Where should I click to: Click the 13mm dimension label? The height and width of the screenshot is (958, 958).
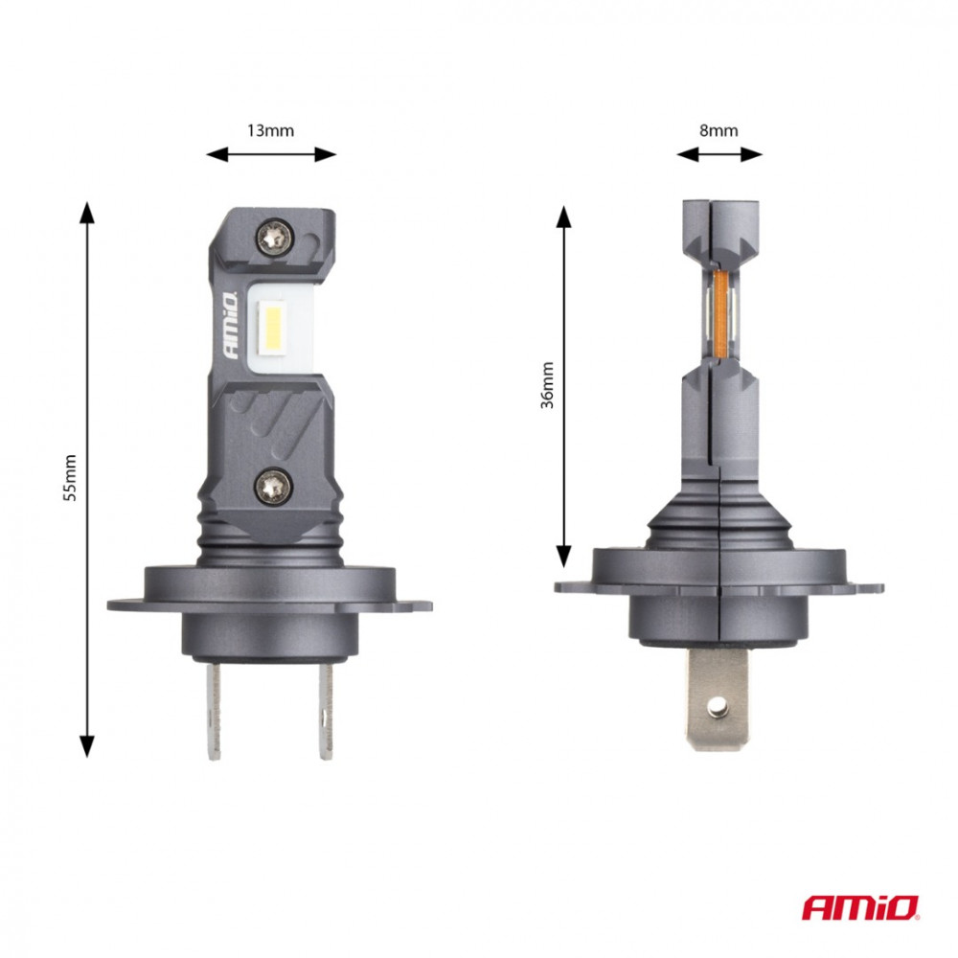[271, 131]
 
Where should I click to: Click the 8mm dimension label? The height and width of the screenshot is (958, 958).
[718, 131]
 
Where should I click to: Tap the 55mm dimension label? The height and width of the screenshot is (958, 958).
[69, 479]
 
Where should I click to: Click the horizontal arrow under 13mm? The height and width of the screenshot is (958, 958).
[272, 154]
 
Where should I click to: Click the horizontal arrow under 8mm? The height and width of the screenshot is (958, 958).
[718, 154]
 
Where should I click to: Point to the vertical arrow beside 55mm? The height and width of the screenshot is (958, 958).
[87, 479]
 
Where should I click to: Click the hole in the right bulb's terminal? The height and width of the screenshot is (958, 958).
[716, 706]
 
